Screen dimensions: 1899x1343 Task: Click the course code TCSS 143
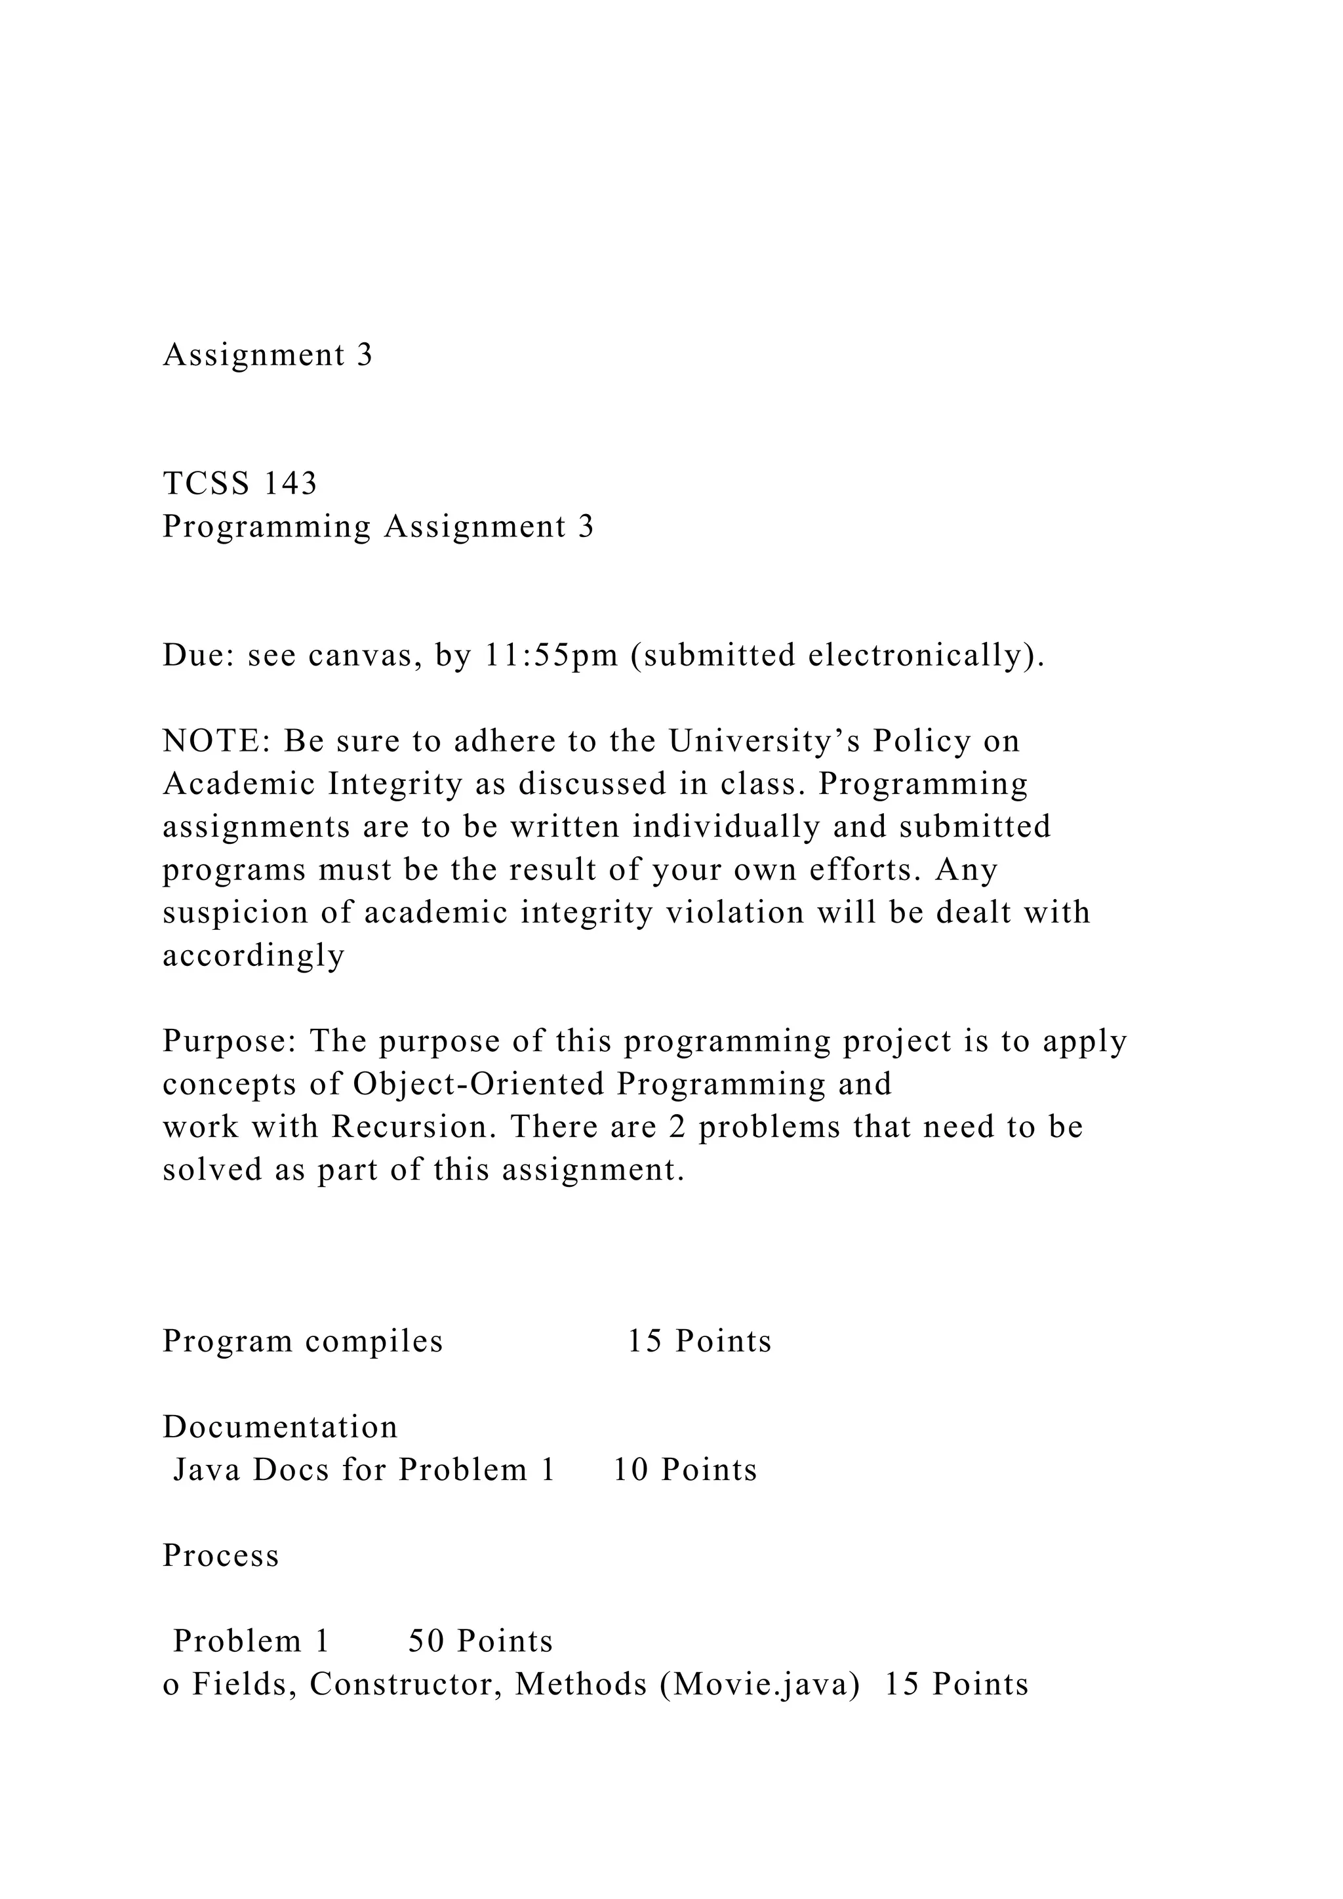pos(240,484)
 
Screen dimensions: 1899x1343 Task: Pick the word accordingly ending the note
pos(253,956)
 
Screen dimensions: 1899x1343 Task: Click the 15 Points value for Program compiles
pos(699,1342)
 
